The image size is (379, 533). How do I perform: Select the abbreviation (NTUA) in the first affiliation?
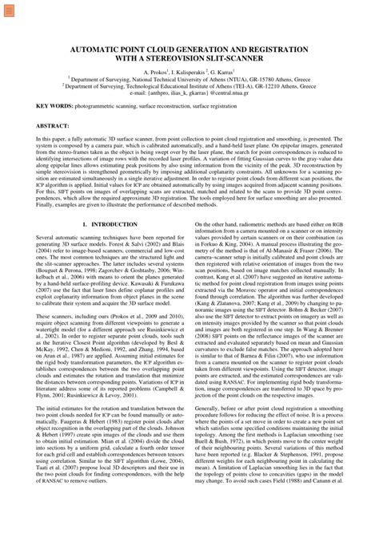pos(229,79)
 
